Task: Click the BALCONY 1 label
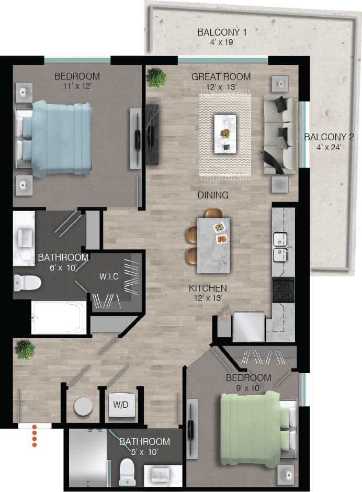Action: coord(222,32)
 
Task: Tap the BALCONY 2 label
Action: coord(330,137)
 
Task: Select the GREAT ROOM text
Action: coord(221,77)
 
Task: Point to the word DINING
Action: coord(213,195)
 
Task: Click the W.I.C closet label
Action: coord(111,276)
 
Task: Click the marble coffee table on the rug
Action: coord(225,134)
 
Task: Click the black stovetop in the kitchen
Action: coord(283,289)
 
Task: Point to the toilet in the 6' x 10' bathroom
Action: coord(27,283)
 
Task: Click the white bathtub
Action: coord(59,318)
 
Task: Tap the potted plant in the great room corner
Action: coord(156,77)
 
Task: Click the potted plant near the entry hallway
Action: coord(25,349)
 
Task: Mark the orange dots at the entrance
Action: coord(35,436)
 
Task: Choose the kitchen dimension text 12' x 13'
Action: coord(208,299)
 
